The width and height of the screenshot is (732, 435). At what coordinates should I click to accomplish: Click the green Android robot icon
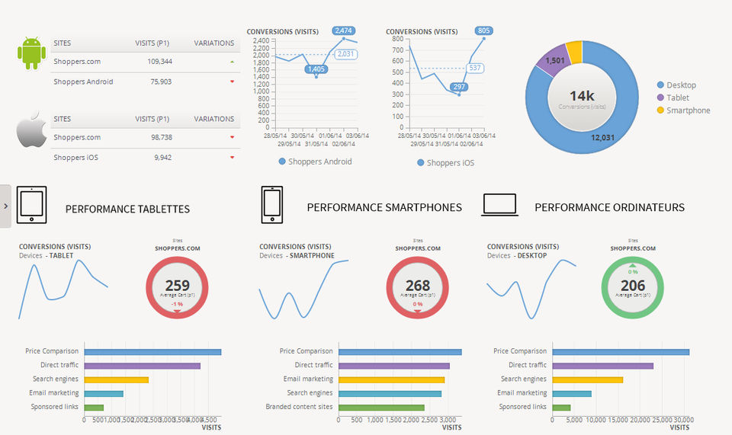[31, 53]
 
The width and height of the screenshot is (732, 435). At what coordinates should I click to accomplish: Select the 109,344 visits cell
[153, 61]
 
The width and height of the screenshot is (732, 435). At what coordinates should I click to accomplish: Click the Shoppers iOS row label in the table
[75, 158]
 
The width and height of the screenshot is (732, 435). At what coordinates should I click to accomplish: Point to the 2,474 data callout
[344, 30]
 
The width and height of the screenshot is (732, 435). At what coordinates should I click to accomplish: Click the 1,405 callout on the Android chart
[316, 69]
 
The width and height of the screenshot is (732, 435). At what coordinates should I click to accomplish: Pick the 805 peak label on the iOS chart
[483, 30]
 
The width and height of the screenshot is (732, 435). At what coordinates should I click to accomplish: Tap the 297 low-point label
[459, 87]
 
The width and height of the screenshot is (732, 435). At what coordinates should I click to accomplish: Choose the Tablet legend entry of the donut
[677, 98]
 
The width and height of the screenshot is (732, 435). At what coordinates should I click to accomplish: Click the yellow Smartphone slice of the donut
[574, 52]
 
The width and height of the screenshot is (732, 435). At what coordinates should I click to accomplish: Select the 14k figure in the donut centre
[582, 96]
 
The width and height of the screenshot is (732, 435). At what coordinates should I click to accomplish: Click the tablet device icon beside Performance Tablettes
[31, 205]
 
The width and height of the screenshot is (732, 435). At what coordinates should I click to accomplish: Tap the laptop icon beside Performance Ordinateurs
[499, 205]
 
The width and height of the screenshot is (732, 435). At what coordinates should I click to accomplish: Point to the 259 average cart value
[177, 286]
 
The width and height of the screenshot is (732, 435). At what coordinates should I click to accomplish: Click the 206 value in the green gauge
[632, 286]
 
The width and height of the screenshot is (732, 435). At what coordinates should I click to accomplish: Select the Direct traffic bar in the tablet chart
[142, 366]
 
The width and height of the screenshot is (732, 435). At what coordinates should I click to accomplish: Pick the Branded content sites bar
[381, 408]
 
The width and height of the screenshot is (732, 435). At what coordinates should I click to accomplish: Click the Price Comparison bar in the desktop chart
[621, 351]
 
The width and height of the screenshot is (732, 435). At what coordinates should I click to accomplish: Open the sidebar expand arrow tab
[5, 206]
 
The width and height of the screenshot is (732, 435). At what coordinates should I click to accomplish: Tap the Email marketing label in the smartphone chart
[308, 379]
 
